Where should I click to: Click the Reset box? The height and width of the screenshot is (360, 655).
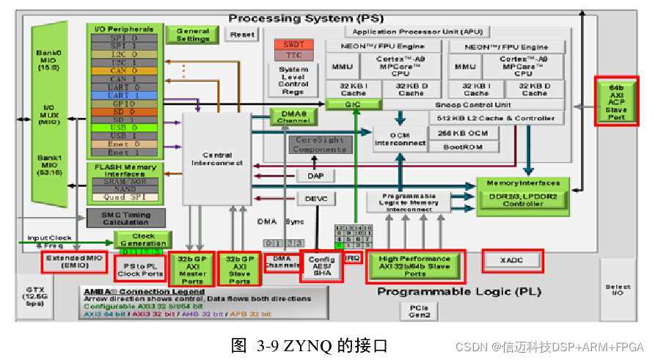[241, 34]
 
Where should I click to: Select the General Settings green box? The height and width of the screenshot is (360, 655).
[193, 34]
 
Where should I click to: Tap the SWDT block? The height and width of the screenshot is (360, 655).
[293, 45]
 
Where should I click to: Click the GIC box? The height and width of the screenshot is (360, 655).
[354, 105]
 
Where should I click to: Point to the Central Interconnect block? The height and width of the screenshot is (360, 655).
[216, 159]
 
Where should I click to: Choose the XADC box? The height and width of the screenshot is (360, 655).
[513, 260]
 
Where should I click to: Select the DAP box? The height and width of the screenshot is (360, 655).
[315, 176]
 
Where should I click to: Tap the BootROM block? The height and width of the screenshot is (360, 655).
[463, 147]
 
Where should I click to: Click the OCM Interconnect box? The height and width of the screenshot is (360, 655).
[400, 139]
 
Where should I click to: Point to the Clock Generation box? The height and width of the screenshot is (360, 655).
[143, 239]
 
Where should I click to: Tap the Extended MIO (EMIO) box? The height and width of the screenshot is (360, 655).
[75, 262]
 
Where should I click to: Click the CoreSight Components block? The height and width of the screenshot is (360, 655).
[320, 144]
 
